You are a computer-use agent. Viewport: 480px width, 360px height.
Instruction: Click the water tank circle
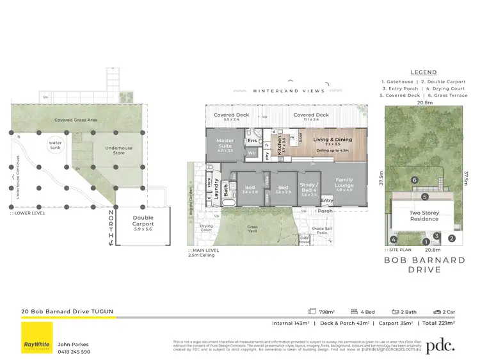click(56, 144)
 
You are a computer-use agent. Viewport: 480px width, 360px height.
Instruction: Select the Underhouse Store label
click(118, 151)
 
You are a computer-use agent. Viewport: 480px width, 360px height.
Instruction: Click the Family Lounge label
click(344, 183)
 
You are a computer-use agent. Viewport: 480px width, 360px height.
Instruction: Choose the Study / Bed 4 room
click(310, 188)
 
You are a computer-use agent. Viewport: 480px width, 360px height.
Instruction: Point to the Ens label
click(252, 140)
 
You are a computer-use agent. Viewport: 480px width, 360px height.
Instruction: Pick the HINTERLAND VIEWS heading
click(289, 92)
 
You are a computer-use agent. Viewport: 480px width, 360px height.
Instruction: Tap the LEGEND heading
click(424, 72)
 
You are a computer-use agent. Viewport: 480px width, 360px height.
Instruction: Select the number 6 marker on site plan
click(415, 181)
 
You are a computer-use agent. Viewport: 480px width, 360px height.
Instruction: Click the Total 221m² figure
click(438, 323)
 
